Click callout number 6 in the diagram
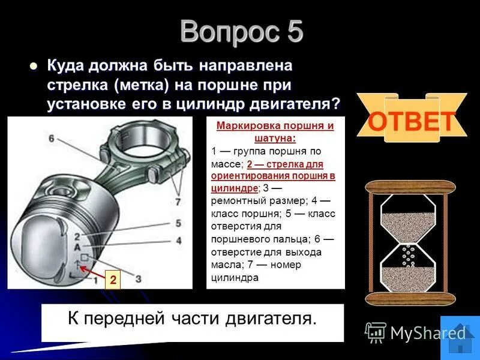(x=52, y=139)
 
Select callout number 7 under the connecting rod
(x=177, y=202)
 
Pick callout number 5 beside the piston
(x=178, y=224)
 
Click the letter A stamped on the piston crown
(x=77, y=247)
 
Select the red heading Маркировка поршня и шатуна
(x=275, y=131)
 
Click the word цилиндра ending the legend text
(x=234, y=278)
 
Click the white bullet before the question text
(x=34, y=66)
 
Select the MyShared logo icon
(x=376, y=332)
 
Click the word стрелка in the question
(x=74, y=85)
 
